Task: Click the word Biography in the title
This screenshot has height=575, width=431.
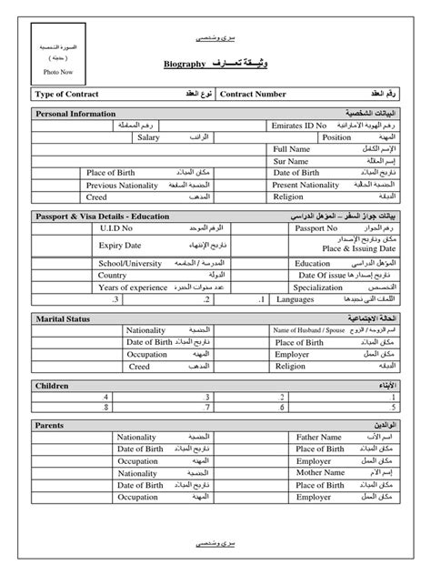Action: pyautogui.click(x=185, y=66)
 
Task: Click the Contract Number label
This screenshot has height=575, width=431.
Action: pyautogui.click(x=254, y=94)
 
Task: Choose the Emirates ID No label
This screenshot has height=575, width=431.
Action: pyautogui.click(x=296, y=126)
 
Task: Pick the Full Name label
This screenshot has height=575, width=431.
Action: pyautogui.click(x=292, y=148)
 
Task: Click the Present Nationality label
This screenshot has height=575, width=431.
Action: pyautogui.click(x=306, y=184)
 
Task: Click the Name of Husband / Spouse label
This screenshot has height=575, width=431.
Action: pyautogui.click(x=310, y=331)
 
